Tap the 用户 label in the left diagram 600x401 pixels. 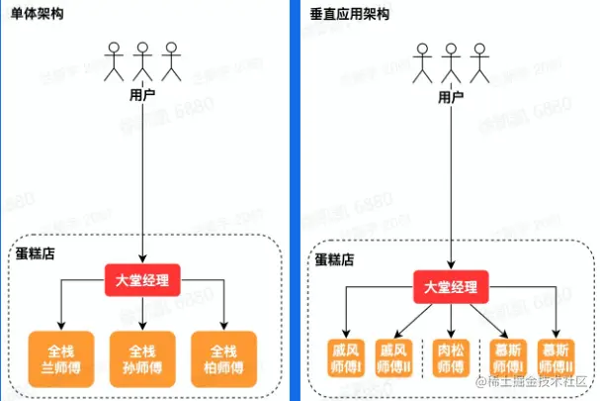coord(143,95)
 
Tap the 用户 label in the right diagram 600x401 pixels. coord(451,96)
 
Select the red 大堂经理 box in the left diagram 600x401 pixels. coord(143,279)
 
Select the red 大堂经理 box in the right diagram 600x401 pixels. coord(451,288)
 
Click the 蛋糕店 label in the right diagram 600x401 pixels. coord(335,259)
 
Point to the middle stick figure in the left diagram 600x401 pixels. coord(144,60)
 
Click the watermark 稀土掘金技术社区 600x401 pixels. coord(539,382)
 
